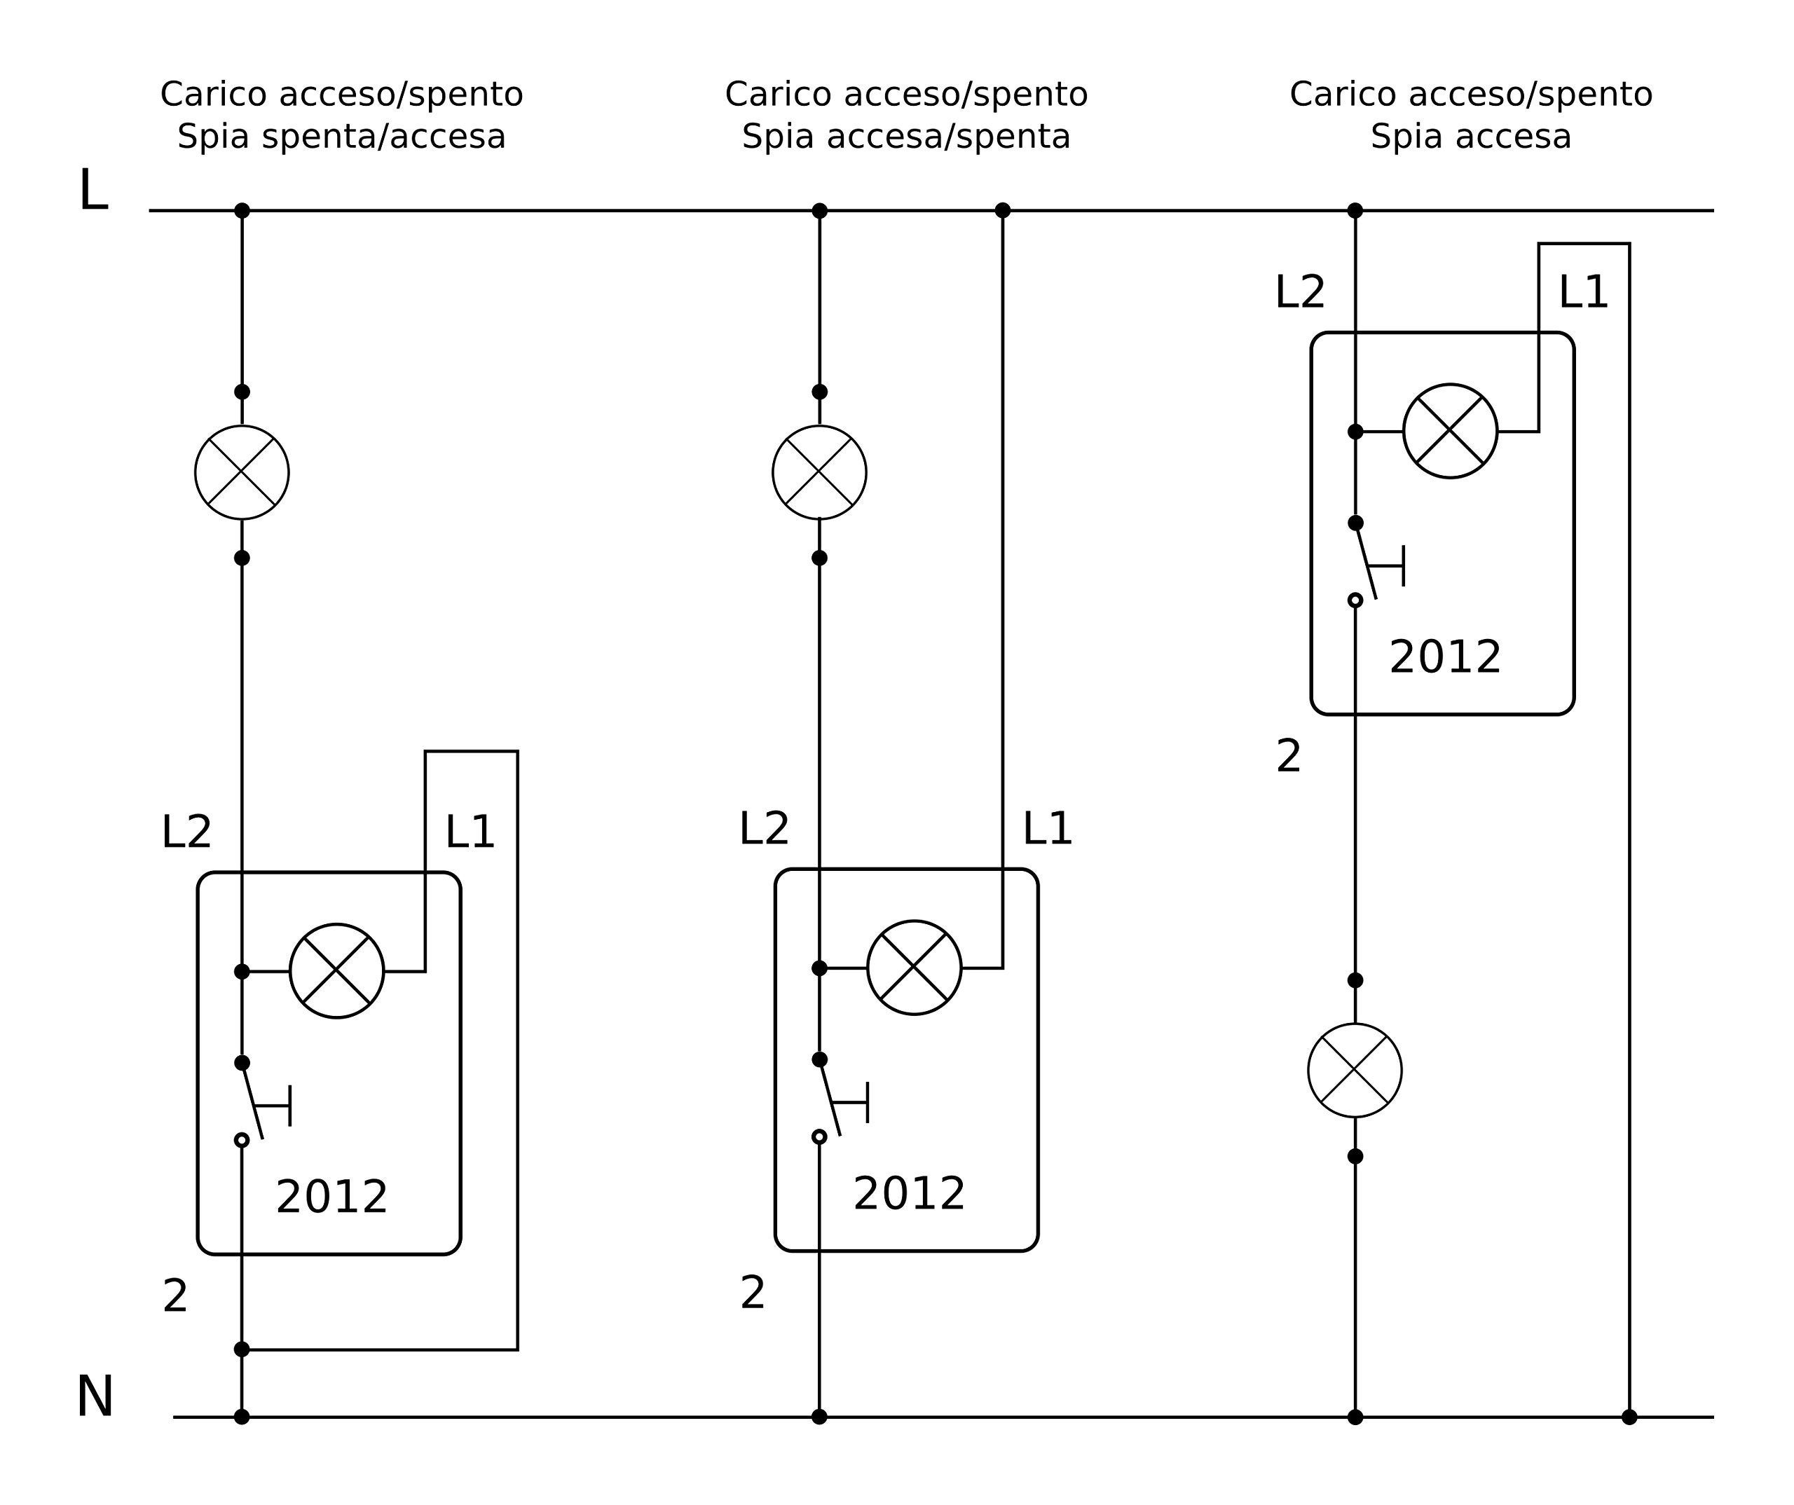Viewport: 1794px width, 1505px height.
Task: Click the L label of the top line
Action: tap(93, 191)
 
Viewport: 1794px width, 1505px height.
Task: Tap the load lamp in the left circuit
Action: tap(242, 472)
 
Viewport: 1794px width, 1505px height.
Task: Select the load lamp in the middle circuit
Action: tap(819, 472)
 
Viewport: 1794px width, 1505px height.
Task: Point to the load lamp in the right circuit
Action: tap(1355, 1070)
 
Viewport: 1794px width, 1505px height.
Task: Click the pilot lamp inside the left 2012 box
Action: tap(336, 971)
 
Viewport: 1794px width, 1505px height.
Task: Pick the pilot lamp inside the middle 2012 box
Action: tap(914, 968)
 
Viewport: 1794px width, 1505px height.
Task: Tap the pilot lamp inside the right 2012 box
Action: tap(1450, 432)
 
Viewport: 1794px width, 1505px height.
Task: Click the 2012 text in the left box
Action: tap(331, 1197)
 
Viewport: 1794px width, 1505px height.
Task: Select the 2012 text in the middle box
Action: tap(909, 1194)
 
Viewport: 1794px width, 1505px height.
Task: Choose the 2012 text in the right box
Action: tap(1444, 658)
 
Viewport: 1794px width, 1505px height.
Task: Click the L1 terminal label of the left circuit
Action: tap(470, 833)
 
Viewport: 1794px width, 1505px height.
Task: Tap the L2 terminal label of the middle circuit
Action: tap(764, 830)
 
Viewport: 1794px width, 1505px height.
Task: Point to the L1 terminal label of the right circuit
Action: tap(1583, 293)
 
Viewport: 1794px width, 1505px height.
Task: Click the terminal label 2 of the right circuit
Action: tap(1288, 757)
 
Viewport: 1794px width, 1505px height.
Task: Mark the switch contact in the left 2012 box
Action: tap(254, 1102)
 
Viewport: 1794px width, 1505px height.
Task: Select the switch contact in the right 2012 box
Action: tap(1367, 562)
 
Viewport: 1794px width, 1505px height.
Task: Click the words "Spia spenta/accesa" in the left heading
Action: tap(342, 137)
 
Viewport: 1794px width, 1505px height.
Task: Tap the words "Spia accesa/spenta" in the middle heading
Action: tap(906, 137)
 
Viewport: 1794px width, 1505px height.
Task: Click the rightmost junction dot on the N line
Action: tap(1629, 1417)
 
